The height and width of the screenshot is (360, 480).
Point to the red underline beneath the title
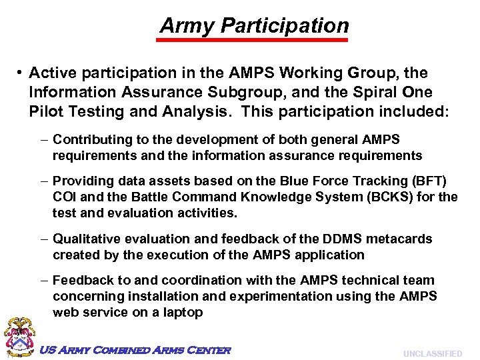coord(252,40)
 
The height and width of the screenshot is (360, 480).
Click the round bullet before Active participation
coord(21,73)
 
